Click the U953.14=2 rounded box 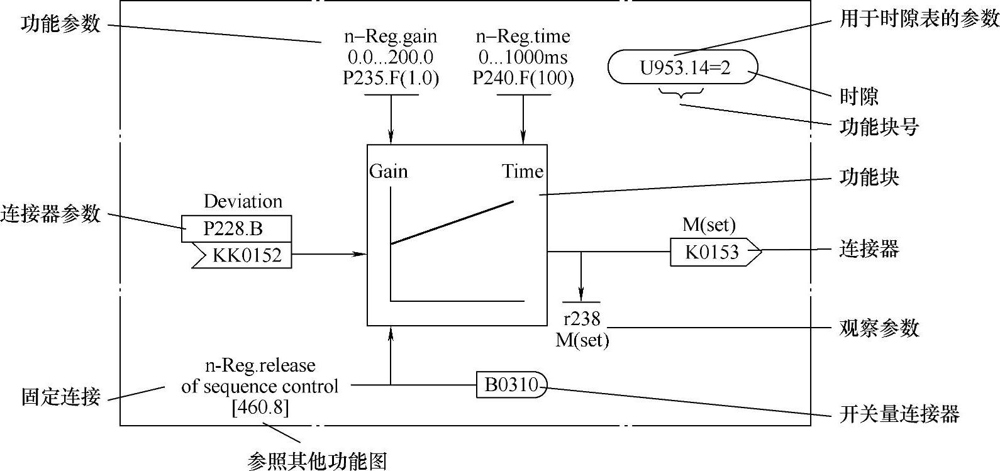point(683,67)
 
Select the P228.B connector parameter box point(236,229)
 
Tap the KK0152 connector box point(245,255)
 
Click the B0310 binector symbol point(511,385)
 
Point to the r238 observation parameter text point(582,318)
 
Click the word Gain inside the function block point(388,171)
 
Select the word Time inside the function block point(522,171)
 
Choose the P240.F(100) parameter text point(523,78)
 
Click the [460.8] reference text point(260,407)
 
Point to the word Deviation point(243,201)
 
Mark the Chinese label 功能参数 point(60,25)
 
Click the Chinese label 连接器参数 point(50,214)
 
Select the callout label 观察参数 point(879,328)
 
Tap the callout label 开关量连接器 point(899,414)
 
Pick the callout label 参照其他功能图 point(317,461)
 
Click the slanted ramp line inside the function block point(452,223)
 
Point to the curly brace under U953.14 point(681,94)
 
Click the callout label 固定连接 point(60,397)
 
